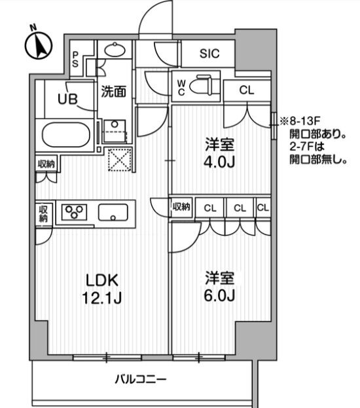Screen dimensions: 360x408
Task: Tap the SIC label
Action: coord(209,53)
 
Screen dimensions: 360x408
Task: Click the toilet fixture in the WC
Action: coord(201,85)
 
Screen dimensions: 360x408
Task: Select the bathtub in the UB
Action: coord(66,135)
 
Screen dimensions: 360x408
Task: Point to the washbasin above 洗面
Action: coord(115,49)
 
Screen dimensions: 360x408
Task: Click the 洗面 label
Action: coord(114,92)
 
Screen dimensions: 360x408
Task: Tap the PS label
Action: coord(75,60)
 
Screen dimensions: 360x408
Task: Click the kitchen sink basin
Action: coord(113,212)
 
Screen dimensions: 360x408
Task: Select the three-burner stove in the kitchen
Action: coord(74,212)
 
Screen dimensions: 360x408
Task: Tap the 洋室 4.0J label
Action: coord(220,153)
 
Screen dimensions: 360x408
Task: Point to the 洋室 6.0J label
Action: coord(220,286)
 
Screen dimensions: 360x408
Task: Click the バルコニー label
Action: coord(141,379)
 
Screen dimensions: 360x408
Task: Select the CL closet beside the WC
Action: coord(247,90)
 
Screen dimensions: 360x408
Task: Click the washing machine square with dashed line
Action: coord(115,132)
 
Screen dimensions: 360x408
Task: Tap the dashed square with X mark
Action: coord(119,160)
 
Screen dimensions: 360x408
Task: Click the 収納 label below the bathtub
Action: coord(46,164)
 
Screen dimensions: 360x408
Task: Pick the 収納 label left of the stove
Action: coord(43,214)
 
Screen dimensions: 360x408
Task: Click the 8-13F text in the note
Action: coord(304,121)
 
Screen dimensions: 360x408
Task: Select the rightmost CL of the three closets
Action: coord(263,208)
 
